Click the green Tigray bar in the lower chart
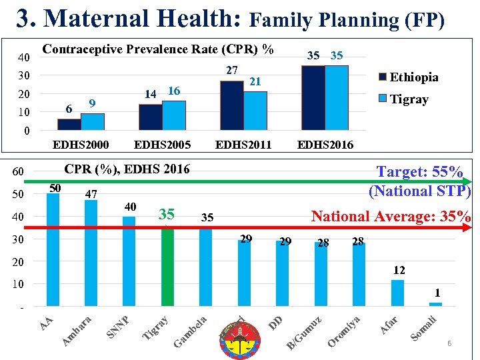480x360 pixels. [167, 267]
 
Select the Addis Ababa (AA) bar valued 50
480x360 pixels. [53, 250]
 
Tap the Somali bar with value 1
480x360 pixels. [435, 304]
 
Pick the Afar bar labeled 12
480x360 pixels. [397, 293]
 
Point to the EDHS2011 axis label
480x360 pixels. [243, 145]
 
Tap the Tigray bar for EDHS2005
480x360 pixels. [174, 115]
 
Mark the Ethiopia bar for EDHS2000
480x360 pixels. [69, 124]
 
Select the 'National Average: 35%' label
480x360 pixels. [391, 217]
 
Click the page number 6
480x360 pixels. [449, 343]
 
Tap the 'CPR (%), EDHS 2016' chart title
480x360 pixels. [127, 169]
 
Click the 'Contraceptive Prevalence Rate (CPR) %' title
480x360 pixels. [157, 49]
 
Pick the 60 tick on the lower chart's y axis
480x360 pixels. [18, 173]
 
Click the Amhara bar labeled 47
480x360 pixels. [91, 253]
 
